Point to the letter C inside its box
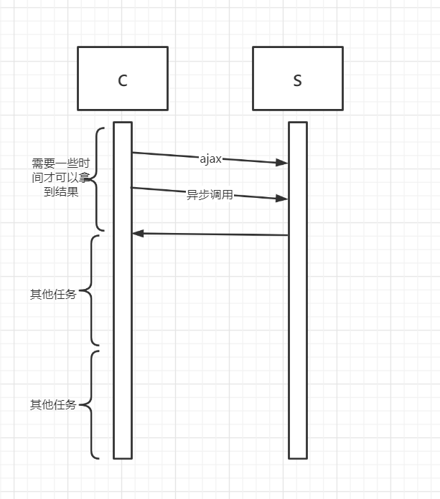pyautogui.click(x=122, y=80)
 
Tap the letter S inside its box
pyautogui.click(x=297, y=80)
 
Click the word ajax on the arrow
pyautogui.click(x=210, y=159)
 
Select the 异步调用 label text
pyautogui.click(x=210, y=194)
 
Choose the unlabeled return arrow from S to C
pyautogui.click(x=215, y=234)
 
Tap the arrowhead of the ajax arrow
pyautogui.click(x=284, y=163)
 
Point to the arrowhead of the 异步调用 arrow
pyautogui.click(x=284, y=198)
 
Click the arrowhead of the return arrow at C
pyautogui.click(x=137, y=233)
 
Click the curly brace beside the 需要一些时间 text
pyautogui.click(x=99, y=179)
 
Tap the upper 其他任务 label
pyautogui.click(x=53, y=294)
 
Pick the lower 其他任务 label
pyautogui.click(x=53, y=405)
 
